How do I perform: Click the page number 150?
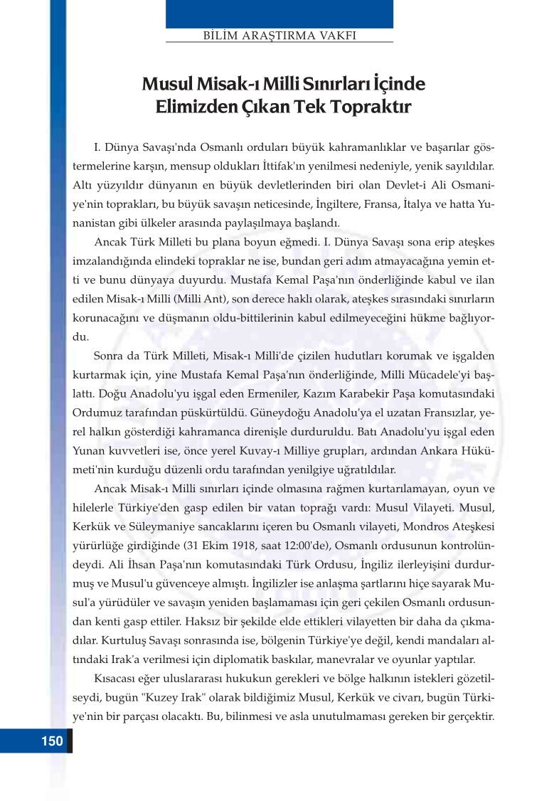click(x=52, y=741)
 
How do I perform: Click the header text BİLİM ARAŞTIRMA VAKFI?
click(x=279, y=34)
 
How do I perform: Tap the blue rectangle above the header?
click(x=279, y=14)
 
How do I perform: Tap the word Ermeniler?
click(x=267, y=393)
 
